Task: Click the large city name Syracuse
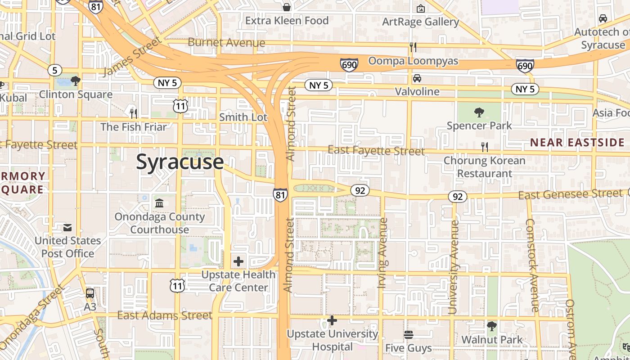180,162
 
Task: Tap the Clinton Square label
76,94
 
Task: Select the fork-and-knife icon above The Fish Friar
133,112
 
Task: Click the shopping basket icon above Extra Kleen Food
287,7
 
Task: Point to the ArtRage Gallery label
420,22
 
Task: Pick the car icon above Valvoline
417,78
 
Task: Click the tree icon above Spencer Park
479,112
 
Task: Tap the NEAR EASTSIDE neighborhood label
577,143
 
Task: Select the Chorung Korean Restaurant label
484,167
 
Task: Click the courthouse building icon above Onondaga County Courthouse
159,203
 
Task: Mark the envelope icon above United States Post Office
67,228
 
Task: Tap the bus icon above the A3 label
90,293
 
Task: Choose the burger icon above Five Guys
409,335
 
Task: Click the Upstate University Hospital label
333,340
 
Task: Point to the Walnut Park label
492,340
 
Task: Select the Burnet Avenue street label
226,43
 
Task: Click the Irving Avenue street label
383,253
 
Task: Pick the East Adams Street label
164,315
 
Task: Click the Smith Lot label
243,117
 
